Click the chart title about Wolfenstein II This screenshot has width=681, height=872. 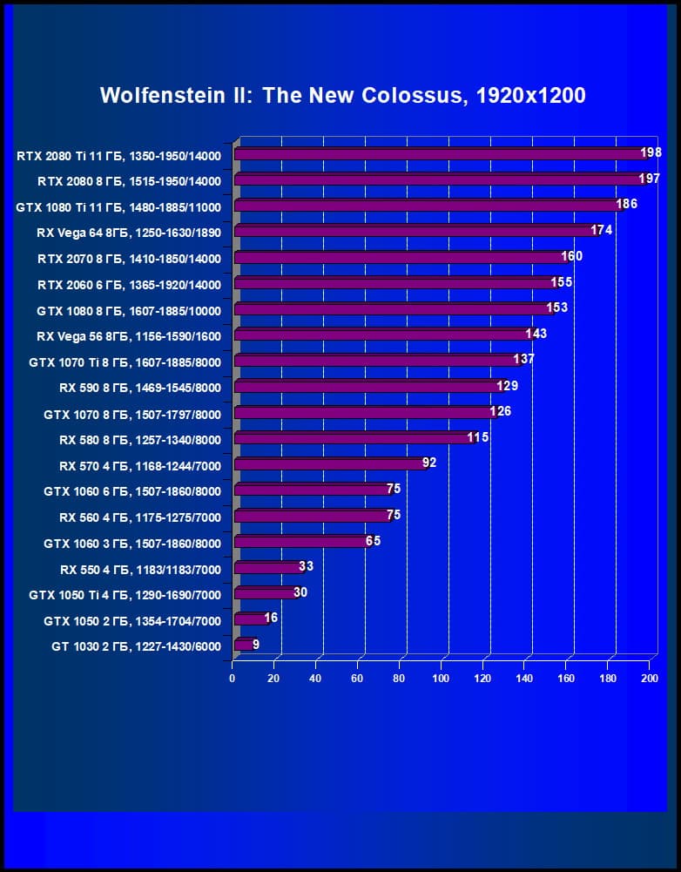[x=342, y=95]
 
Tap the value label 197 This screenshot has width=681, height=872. [x=649, y=179]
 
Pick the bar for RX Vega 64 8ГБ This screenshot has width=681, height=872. [x=415, y=232]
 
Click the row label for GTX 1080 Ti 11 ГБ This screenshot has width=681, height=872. [x=118, y=207]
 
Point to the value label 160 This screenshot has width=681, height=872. [x=572, y=256]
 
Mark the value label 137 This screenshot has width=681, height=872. [x=523, y=359]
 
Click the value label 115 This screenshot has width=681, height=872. [x=478, y=436]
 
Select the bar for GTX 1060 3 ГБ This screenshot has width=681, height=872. [x=301, y=542]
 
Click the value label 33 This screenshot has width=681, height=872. [x=306, y=566]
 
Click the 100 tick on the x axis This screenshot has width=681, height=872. [x=441, y=679]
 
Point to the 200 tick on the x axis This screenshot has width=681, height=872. [x=649, y=679]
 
